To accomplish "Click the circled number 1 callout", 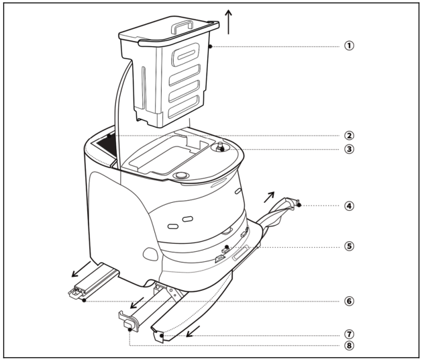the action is tap(349, 46).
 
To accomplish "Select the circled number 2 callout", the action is tap(349, 136).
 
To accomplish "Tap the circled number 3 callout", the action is tap(349, 149).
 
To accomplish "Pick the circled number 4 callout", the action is tap(349, 206).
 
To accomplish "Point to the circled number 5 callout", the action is tap(349, 246).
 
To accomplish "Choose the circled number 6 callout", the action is tap(349, 301).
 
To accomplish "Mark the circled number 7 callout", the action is tap(349, 334).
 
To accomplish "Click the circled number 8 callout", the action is tap(349, 345).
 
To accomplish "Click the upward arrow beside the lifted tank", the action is tap(229, 22).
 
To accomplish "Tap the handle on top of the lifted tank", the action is tap(182, 28).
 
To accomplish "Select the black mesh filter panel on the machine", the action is tap(107, 146).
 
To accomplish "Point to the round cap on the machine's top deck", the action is tap(181, 176).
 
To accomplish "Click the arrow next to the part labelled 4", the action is tap(269, 197).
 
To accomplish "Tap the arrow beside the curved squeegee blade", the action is tap(193, 331).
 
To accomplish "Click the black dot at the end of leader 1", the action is tap(210, 46).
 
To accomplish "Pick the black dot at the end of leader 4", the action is tap(299, 205).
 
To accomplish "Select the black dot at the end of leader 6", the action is tap(85, 300).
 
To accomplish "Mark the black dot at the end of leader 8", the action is tap(130, 329).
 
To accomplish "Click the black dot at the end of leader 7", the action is tap(162, 335).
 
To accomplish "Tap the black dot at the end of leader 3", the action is tap(222, 149).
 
